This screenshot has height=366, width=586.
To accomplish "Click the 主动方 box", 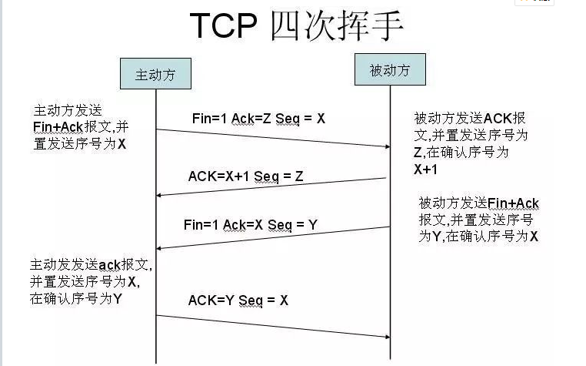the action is (155, 73).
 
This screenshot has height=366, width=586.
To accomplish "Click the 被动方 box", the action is (390, 69).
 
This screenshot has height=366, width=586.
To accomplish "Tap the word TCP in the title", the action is (224, 25).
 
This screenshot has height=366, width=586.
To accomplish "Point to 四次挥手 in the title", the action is (337, 25).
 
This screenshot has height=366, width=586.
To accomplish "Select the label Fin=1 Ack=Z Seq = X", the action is (258, 119).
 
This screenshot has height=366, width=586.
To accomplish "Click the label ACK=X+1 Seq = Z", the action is (245, 176).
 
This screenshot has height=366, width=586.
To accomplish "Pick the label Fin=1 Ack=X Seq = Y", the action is (251, 225).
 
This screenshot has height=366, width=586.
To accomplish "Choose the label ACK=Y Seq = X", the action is (238, 301).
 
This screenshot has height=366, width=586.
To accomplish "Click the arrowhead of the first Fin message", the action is (388, 146).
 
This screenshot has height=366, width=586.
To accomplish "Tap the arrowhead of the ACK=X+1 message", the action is (159, 195).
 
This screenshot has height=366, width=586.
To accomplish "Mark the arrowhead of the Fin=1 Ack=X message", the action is (159, 248).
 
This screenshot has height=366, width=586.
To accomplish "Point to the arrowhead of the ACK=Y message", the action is (388, 337).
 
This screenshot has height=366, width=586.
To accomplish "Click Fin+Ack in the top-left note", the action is (58, 127).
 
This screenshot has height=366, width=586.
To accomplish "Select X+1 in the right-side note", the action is (425, 170).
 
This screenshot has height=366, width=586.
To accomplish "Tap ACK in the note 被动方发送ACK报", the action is (498, 119).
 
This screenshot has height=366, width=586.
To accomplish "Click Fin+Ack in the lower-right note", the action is (513, 203).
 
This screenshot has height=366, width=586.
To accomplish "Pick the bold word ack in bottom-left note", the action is (109, 265).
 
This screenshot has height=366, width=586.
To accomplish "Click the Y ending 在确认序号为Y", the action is (118, 299).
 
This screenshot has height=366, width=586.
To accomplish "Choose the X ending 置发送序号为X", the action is (122, 144).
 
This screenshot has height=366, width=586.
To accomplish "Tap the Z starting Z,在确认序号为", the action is (418, 153).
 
